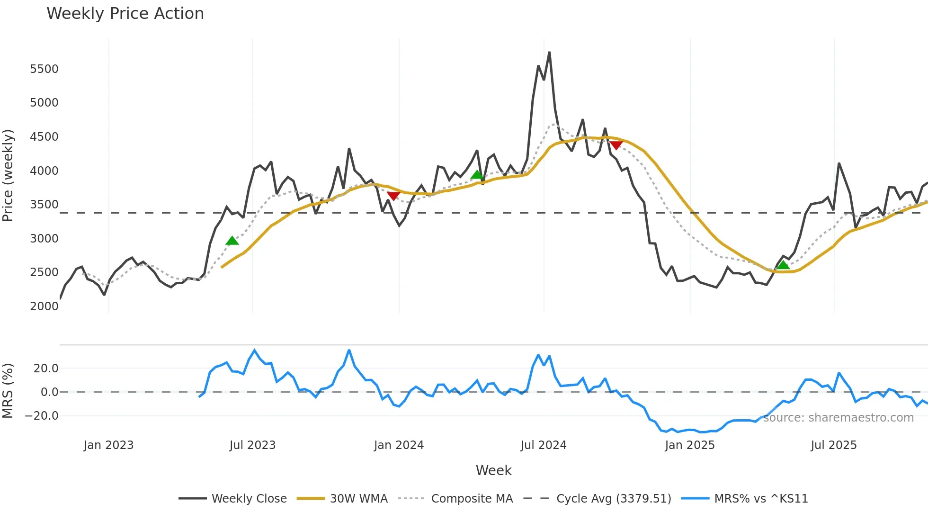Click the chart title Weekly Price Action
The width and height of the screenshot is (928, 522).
coord(125,14)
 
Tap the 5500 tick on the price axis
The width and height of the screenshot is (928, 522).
coord(44,69)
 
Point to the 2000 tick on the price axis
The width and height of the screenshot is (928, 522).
coord(44,306)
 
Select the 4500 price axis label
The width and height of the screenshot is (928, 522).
coord(44,137)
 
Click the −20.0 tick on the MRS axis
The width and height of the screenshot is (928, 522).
coord(42,416)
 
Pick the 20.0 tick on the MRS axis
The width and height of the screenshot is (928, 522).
coord(46,369)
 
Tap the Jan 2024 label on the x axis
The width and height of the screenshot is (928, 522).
coord(399,445)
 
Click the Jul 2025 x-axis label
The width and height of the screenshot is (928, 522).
coord(833,445)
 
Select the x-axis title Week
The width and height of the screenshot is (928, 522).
coord(493,470)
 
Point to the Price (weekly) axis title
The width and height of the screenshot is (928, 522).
coord(8,175)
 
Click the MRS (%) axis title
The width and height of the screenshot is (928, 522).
coord(8,391)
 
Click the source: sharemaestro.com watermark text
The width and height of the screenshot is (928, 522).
coord(838,418)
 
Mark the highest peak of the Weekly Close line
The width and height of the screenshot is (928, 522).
coord(549,53)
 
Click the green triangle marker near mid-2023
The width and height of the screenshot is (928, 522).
coord(232,241)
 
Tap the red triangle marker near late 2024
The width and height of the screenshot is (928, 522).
coord(616,145)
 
